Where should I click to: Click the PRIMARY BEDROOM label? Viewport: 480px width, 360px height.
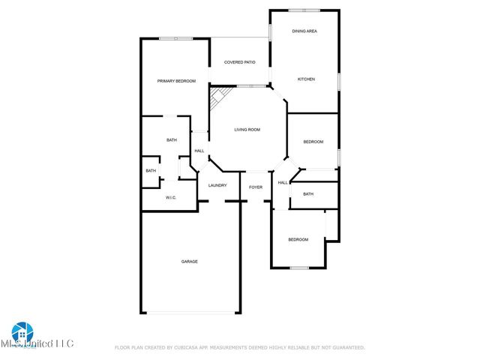click(x=176, y=81)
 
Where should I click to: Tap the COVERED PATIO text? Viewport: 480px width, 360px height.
click(x=240, y=62)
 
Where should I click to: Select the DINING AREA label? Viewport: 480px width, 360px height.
click(x=304, y=31)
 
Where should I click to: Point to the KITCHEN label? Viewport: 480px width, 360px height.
click(x=305, y=79)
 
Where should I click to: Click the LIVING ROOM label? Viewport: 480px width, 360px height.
click(x=247, y=130)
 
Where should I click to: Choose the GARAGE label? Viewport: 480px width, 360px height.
click(x=189, y=261)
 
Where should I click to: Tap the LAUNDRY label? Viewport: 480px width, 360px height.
click(x=217, y=185)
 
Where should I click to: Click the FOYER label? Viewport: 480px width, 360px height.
click(x=256, y=186)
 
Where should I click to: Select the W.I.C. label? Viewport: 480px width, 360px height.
click(x=171, y=197)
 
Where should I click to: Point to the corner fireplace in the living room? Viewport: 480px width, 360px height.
click(x=218, y=95)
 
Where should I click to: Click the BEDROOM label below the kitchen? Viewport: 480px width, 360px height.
click(x=313, y=142)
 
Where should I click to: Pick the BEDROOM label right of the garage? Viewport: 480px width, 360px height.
click(x=298, y=239)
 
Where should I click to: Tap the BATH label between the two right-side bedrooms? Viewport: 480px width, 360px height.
click(x=308, y=194)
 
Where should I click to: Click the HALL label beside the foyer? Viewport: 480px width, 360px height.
click(x=283, y=182)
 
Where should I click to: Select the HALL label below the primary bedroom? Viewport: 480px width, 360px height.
click(x=199, y=151)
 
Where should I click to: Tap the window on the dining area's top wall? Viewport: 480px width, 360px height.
click(x=304, y=10)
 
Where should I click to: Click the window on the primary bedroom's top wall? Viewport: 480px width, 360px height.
click(x=175, y=38)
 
